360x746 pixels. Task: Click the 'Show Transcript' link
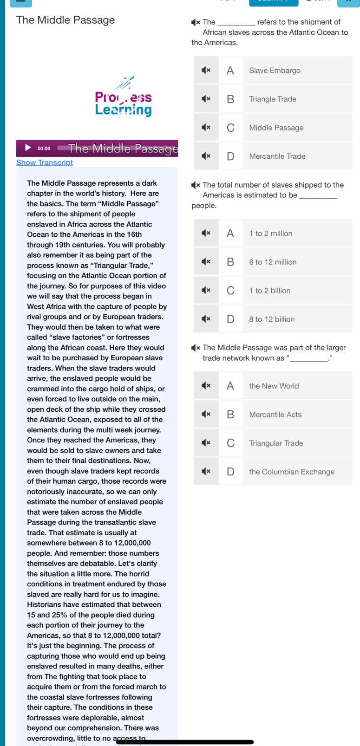[45, 162]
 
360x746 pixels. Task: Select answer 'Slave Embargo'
[275, 71]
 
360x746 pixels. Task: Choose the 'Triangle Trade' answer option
[273, 99]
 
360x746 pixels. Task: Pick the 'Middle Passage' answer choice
[276, 128]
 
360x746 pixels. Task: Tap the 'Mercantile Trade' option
[277, 156]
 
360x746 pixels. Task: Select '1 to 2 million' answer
[271, 234]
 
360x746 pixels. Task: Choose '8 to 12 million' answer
[273, 262]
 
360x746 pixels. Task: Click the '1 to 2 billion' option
[270, 291]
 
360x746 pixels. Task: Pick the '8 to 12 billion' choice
[272, 319]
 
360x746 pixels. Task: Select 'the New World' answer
[274, 386]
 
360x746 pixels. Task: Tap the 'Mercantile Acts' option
[275, 415]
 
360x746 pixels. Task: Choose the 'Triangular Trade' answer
[276, 443]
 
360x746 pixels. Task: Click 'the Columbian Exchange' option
[292, 472]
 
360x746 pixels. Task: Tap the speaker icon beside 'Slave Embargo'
[206, 71]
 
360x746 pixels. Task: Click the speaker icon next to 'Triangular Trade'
[206, 443]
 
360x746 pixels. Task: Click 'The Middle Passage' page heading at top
[65, 20]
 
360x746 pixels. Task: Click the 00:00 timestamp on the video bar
[44, 149]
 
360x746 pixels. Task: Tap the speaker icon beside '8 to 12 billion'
[206, 319]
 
